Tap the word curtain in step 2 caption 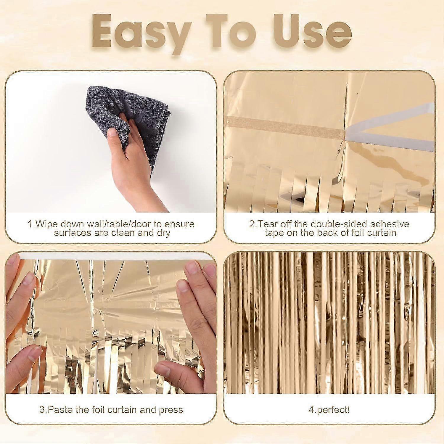382,233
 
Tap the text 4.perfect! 329,410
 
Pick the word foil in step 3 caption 99,410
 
